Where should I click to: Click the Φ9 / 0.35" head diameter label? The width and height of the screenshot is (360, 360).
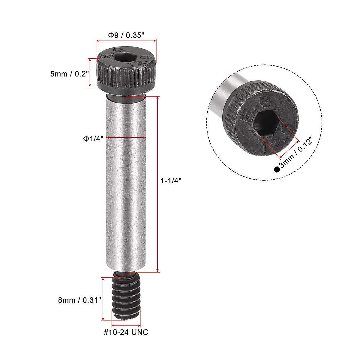126,35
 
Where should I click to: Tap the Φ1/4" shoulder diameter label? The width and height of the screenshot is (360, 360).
93,138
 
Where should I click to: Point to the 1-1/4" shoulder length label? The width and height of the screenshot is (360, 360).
171,181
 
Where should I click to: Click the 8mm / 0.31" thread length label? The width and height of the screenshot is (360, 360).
79,300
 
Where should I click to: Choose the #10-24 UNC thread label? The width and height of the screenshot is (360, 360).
126,332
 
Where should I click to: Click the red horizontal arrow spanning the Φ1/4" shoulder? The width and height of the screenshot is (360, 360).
126,138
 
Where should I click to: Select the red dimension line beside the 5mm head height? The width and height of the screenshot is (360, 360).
90,73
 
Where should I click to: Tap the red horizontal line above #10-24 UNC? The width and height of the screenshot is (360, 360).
126,325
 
